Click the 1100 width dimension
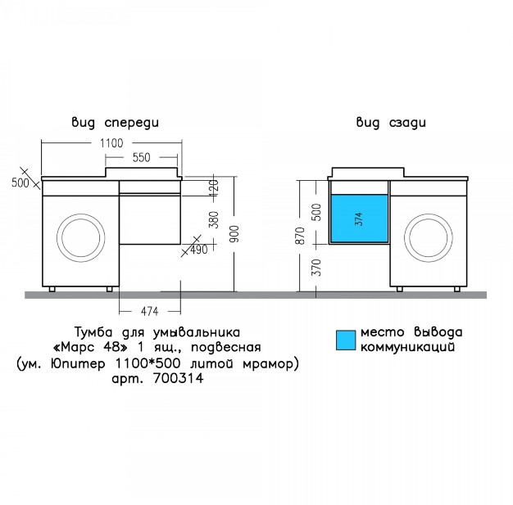[x=111, y=143]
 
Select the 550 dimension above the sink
[x=141, y=157]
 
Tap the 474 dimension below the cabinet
[x=149, y=312]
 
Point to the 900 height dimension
[x=235, y=234]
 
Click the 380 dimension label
[x=214, y=219]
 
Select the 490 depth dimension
[x=199, y=250]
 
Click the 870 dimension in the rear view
[x=300, y=236]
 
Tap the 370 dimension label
[x=317, y=268]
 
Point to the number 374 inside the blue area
[x=359, y=219]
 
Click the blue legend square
[x=346, y=340]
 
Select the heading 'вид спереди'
[x=116, y=123]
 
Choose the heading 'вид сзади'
[x=391, y=123]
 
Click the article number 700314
[x=178, y=378]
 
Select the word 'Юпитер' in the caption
[x=78, y=363]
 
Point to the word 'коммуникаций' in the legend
[x=407, y=347]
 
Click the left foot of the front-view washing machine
[x=52, y=289]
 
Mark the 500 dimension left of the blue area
[x=317, y=212]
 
